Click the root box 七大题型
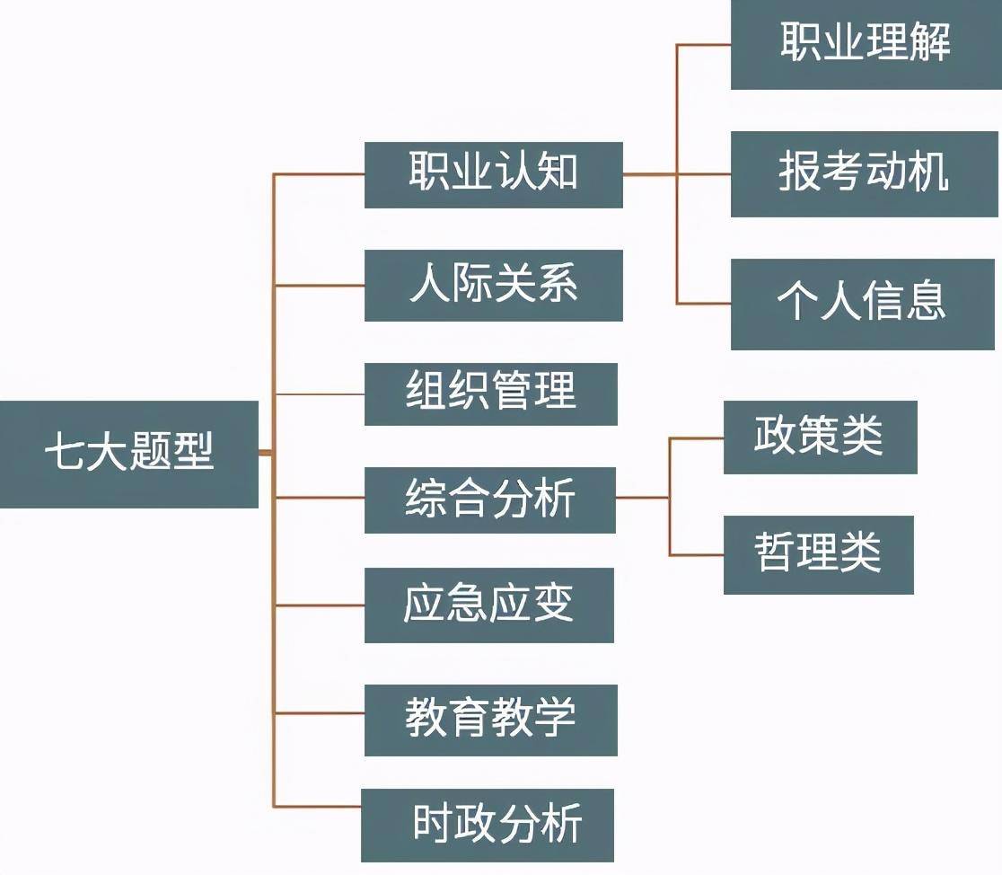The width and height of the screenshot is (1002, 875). tap(129, 454)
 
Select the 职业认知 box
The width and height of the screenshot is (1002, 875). tap(493, 174)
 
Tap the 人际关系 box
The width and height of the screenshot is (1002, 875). tap(493, 286)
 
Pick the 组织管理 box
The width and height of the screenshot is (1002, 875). tap(490, 393)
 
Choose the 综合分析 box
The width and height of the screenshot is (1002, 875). tap(489, 499)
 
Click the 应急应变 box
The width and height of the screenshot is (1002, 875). tap(488, 605)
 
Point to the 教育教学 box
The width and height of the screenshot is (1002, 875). tap(490, 720)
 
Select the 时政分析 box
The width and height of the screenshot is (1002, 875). tap(488, 825)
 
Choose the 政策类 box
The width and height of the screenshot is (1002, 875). tap(820, 437)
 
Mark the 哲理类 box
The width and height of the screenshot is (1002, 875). tap(818, 554)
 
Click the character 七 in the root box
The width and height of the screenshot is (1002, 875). tap(64, 454)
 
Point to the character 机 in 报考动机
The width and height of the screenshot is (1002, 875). tap(928, 172)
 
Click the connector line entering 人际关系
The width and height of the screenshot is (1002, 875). tap(319, 286)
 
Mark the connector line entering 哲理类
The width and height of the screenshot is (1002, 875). tap(696, 555)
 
